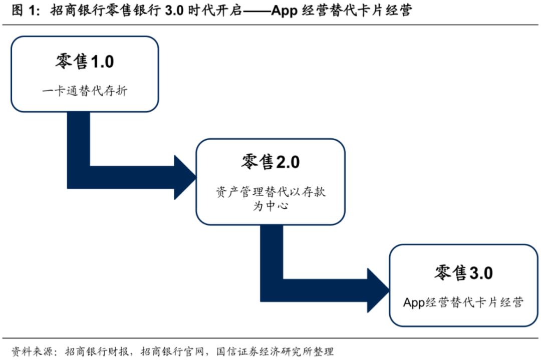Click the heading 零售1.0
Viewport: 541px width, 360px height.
[x=84, y=62]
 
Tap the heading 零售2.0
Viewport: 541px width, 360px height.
[x=270, y=162]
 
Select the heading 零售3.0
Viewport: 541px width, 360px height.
[x=463, y=273]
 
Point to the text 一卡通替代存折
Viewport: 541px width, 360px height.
[x=84, y=92]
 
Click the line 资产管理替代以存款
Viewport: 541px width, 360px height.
[x=270, y=192]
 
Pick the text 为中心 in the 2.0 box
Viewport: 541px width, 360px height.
[x=270, y=206]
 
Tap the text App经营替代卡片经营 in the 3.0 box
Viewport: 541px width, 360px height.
[x=463, y=302]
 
